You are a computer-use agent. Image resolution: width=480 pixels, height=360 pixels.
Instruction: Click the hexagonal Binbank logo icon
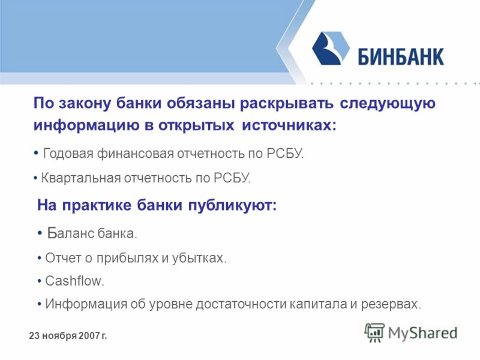pyautogui.click(x=331, y=48)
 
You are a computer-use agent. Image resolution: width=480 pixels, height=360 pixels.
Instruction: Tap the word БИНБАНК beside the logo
pyautogui.click(x=401, y=56)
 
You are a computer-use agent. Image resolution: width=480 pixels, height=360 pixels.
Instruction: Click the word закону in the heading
pyautogui.click(x=85, y=103)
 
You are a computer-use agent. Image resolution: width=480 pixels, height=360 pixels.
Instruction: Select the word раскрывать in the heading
pyautogui.click(x=287, y=104)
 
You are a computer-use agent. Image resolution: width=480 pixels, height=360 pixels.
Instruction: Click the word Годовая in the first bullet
pyautogui.click(x=68, y=154)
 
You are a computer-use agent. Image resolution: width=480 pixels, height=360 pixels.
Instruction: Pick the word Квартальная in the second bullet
pyautogui.click(x=81, y=178)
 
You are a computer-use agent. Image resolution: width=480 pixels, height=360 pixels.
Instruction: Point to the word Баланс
pyautogui.click(x=71, y=233)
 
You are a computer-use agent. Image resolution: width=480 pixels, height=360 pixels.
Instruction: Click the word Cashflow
pyautogui.click(x=73, y=281)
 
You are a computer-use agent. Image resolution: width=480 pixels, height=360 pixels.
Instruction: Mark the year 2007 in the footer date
pyautogui.click(x=88, y=336)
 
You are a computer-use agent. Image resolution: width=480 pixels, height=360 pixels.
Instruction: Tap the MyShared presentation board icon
pyautogui.click(x=374, y=332)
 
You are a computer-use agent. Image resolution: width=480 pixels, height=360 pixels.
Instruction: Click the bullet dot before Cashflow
pyautogui.click(x=39, y=281)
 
